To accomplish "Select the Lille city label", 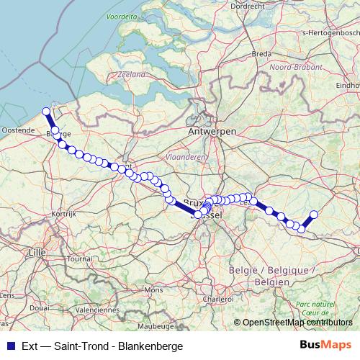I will [34, 252].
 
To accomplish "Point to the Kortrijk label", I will [63, 214].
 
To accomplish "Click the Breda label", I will [261, 53].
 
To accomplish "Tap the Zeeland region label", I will [130, 73].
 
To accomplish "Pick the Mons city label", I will [153, 289].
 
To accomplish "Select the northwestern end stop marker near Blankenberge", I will [46, 112].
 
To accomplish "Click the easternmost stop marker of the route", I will [314, 214].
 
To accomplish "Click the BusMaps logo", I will [325, 346].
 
